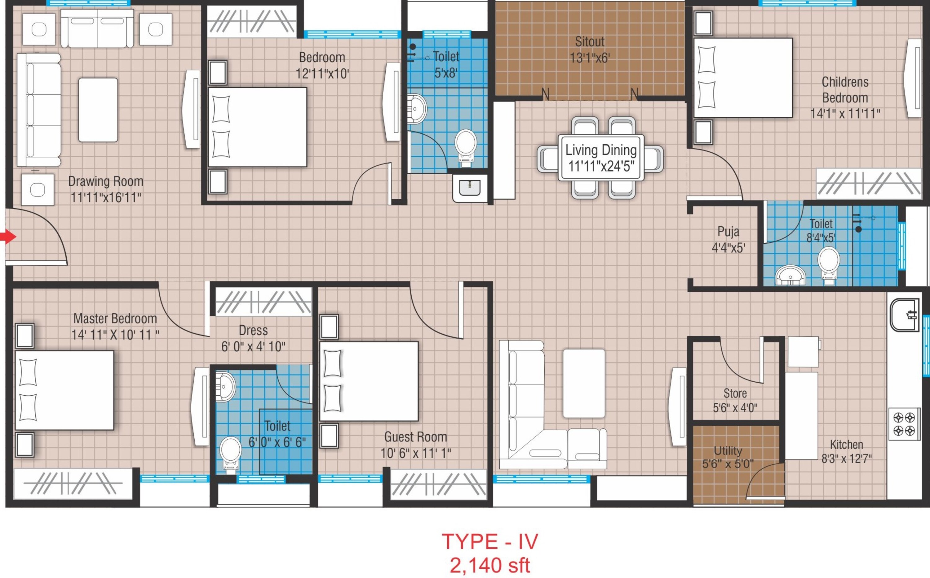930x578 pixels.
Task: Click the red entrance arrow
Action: point(8,236)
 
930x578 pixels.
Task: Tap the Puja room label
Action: point(728,232)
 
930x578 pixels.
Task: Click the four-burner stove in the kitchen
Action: point(904,424)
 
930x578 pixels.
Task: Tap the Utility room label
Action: point(728,451)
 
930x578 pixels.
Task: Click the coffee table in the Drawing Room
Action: point(98,110)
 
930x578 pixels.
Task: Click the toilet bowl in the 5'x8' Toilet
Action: point(466,148)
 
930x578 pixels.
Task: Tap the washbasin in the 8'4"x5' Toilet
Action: point(791,275)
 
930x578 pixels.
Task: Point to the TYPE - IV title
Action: point(490,542)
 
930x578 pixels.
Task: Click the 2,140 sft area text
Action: point(490,565)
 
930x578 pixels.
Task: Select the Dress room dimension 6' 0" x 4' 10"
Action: point(253,347)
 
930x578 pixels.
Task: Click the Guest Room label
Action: point(416,437)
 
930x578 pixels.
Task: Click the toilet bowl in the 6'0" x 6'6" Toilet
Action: point(231,454)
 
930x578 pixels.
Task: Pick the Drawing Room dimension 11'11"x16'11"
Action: point(106,198)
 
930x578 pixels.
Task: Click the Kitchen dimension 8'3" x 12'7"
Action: point(847,458)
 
